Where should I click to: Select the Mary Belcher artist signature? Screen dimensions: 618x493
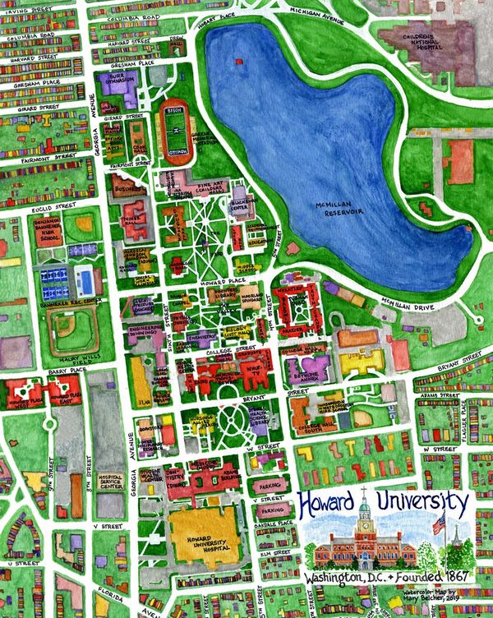[449, 597]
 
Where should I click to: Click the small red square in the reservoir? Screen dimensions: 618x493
[237, 60]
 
